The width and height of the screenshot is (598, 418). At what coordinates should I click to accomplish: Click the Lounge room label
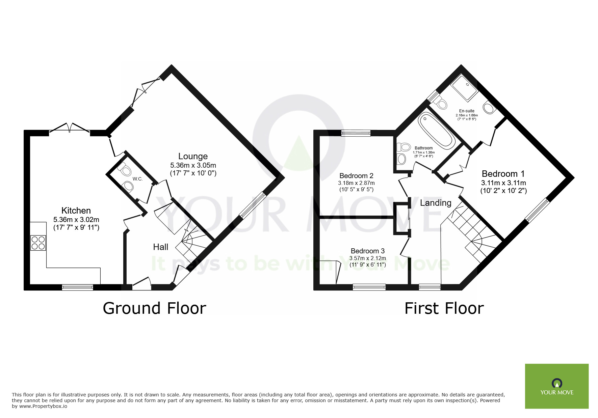[x=193, y=156]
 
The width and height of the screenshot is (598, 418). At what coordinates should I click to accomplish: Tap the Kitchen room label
[x=76, y=211]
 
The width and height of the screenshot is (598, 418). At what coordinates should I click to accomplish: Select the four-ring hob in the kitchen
[x=38, y=243]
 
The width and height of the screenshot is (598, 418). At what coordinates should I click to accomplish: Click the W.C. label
[x=137, y=179]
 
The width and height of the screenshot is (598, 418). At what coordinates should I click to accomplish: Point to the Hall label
[x=160, y=247]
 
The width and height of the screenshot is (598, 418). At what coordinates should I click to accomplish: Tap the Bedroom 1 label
[x=503, y=174]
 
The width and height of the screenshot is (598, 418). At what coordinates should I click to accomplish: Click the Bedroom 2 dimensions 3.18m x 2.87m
[x=356, y=183]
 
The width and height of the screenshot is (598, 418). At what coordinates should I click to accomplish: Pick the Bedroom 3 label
[x=367, y=251]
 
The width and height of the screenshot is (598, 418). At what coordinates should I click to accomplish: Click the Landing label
[x=436, y=203]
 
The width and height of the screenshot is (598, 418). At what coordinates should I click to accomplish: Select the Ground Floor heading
[x=154, y=308]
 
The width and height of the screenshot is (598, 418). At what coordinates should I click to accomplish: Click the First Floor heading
[x=444, y=308]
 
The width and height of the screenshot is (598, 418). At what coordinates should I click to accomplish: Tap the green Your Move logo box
[x=556, y=386]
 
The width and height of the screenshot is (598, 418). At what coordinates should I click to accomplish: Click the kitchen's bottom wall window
[x=77, y=287]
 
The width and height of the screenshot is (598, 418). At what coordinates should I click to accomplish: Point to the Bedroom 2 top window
[x=356, y=133]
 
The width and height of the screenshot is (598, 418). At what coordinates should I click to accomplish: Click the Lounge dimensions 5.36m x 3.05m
[x=193, y=165]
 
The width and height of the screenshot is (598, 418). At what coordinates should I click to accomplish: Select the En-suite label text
[x=467, y=111]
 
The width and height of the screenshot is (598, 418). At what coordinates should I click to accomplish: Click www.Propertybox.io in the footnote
[x=43, y=406]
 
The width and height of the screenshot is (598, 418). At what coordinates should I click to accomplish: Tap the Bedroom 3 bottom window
[x=369, y=287]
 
